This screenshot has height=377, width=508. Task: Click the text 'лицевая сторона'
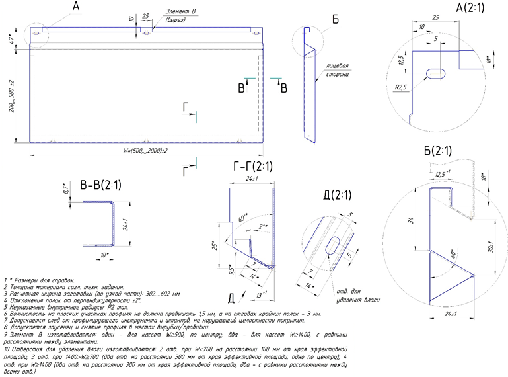338,71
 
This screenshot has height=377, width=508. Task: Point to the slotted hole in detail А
433,73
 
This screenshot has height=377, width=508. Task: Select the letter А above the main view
75,6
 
